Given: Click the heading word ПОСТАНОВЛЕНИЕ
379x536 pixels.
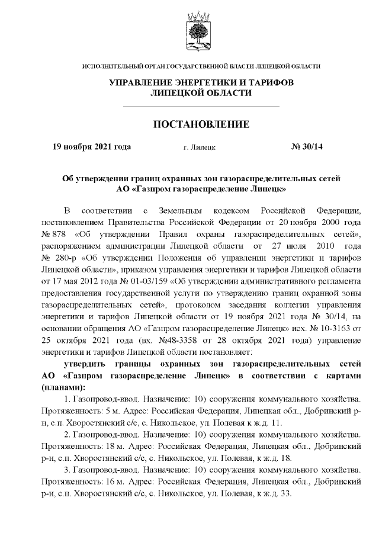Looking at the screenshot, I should tap(201, 124).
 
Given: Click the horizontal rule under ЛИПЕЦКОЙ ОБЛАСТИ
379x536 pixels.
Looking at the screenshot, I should tap(200, 105).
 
